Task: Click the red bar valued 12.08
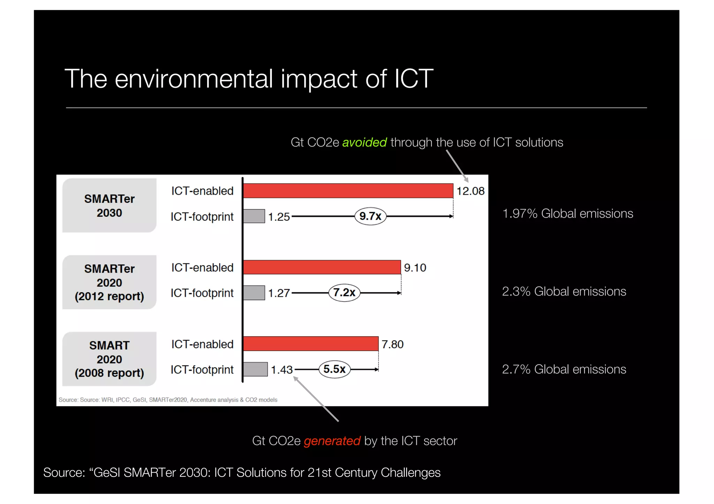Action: [348, 191]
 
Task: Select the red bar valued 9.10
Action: [322, 267]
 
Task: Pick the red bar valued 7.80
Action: [311, 344]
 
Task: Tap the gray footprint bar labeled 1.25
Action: [254, 216]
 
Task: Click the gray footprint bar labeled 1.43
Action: [255, 369]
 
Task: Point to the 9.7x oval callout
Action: [370, 216]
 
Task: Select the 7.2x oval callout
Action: [344, 293]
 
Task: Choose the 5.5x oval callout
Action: [334, 369]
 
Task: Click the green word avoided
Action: [364, 142]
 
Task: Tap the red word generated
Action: [332, 441]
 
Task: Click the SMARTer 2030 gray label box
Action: [109, 206]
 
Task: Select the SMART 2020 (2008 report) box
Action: [109, 359]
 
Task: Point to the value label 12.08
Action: [470, 191]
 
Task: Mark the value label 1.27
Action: [279, 293]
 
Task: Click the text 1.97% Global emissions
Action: [568, 214]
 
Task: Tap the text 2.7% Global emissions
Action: [564, 369]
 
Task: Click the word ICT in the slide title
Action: [413, 79]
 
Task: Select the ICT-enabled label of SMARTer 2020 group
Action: [202, 267]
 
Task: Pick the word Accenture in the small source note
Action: [202, 400]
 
